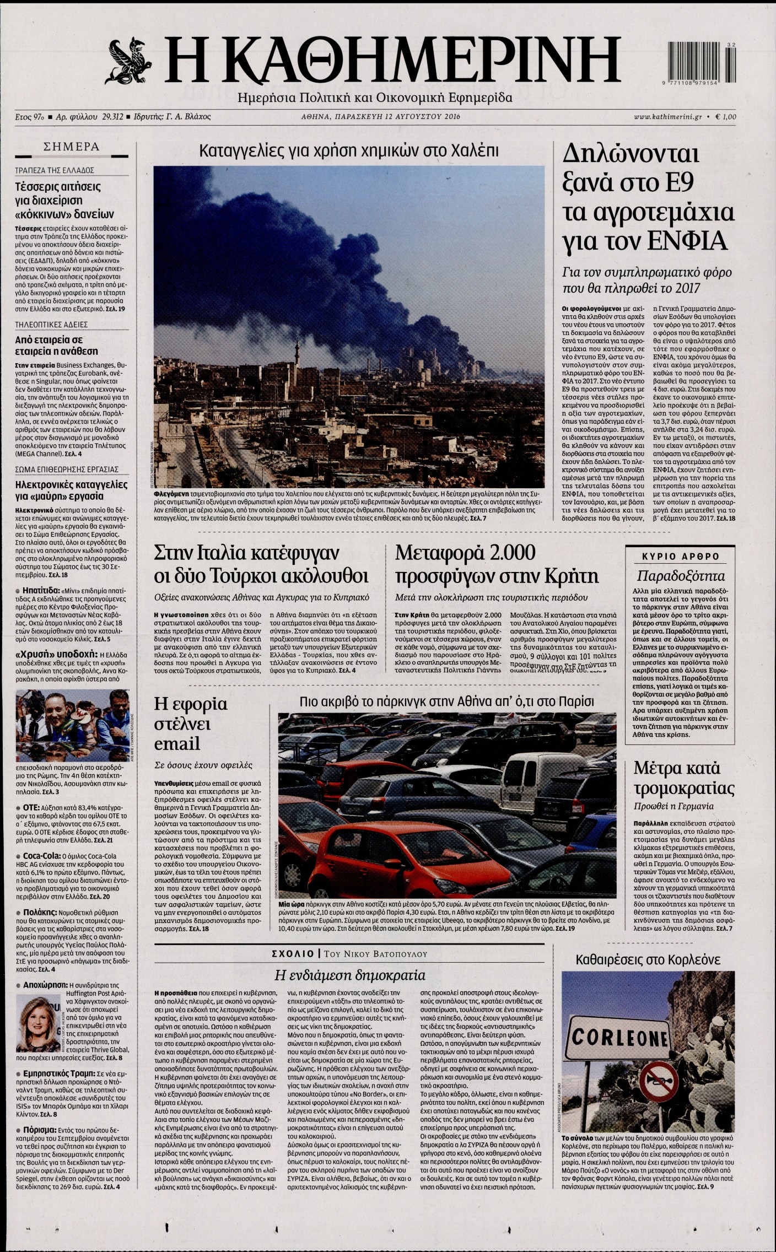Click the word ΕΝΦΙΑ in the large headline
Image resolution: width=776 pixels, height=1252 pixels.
coord(692,240)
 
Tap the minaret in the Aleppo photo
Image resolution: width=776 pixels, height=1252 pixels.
coord(296,353)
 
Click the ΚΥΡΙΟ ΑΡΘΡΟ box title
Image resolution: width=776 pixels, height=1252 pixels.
coord(681,557)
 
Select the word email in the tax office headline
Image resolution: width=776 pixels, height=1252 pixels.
coord(176,744)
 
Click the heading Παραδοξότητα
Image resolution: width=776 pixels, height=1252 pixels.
coord(681,576)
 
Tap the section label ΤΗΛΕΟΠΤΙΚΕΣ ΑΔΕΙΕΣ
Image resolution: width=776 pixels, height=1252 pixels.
coord(51,325)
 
